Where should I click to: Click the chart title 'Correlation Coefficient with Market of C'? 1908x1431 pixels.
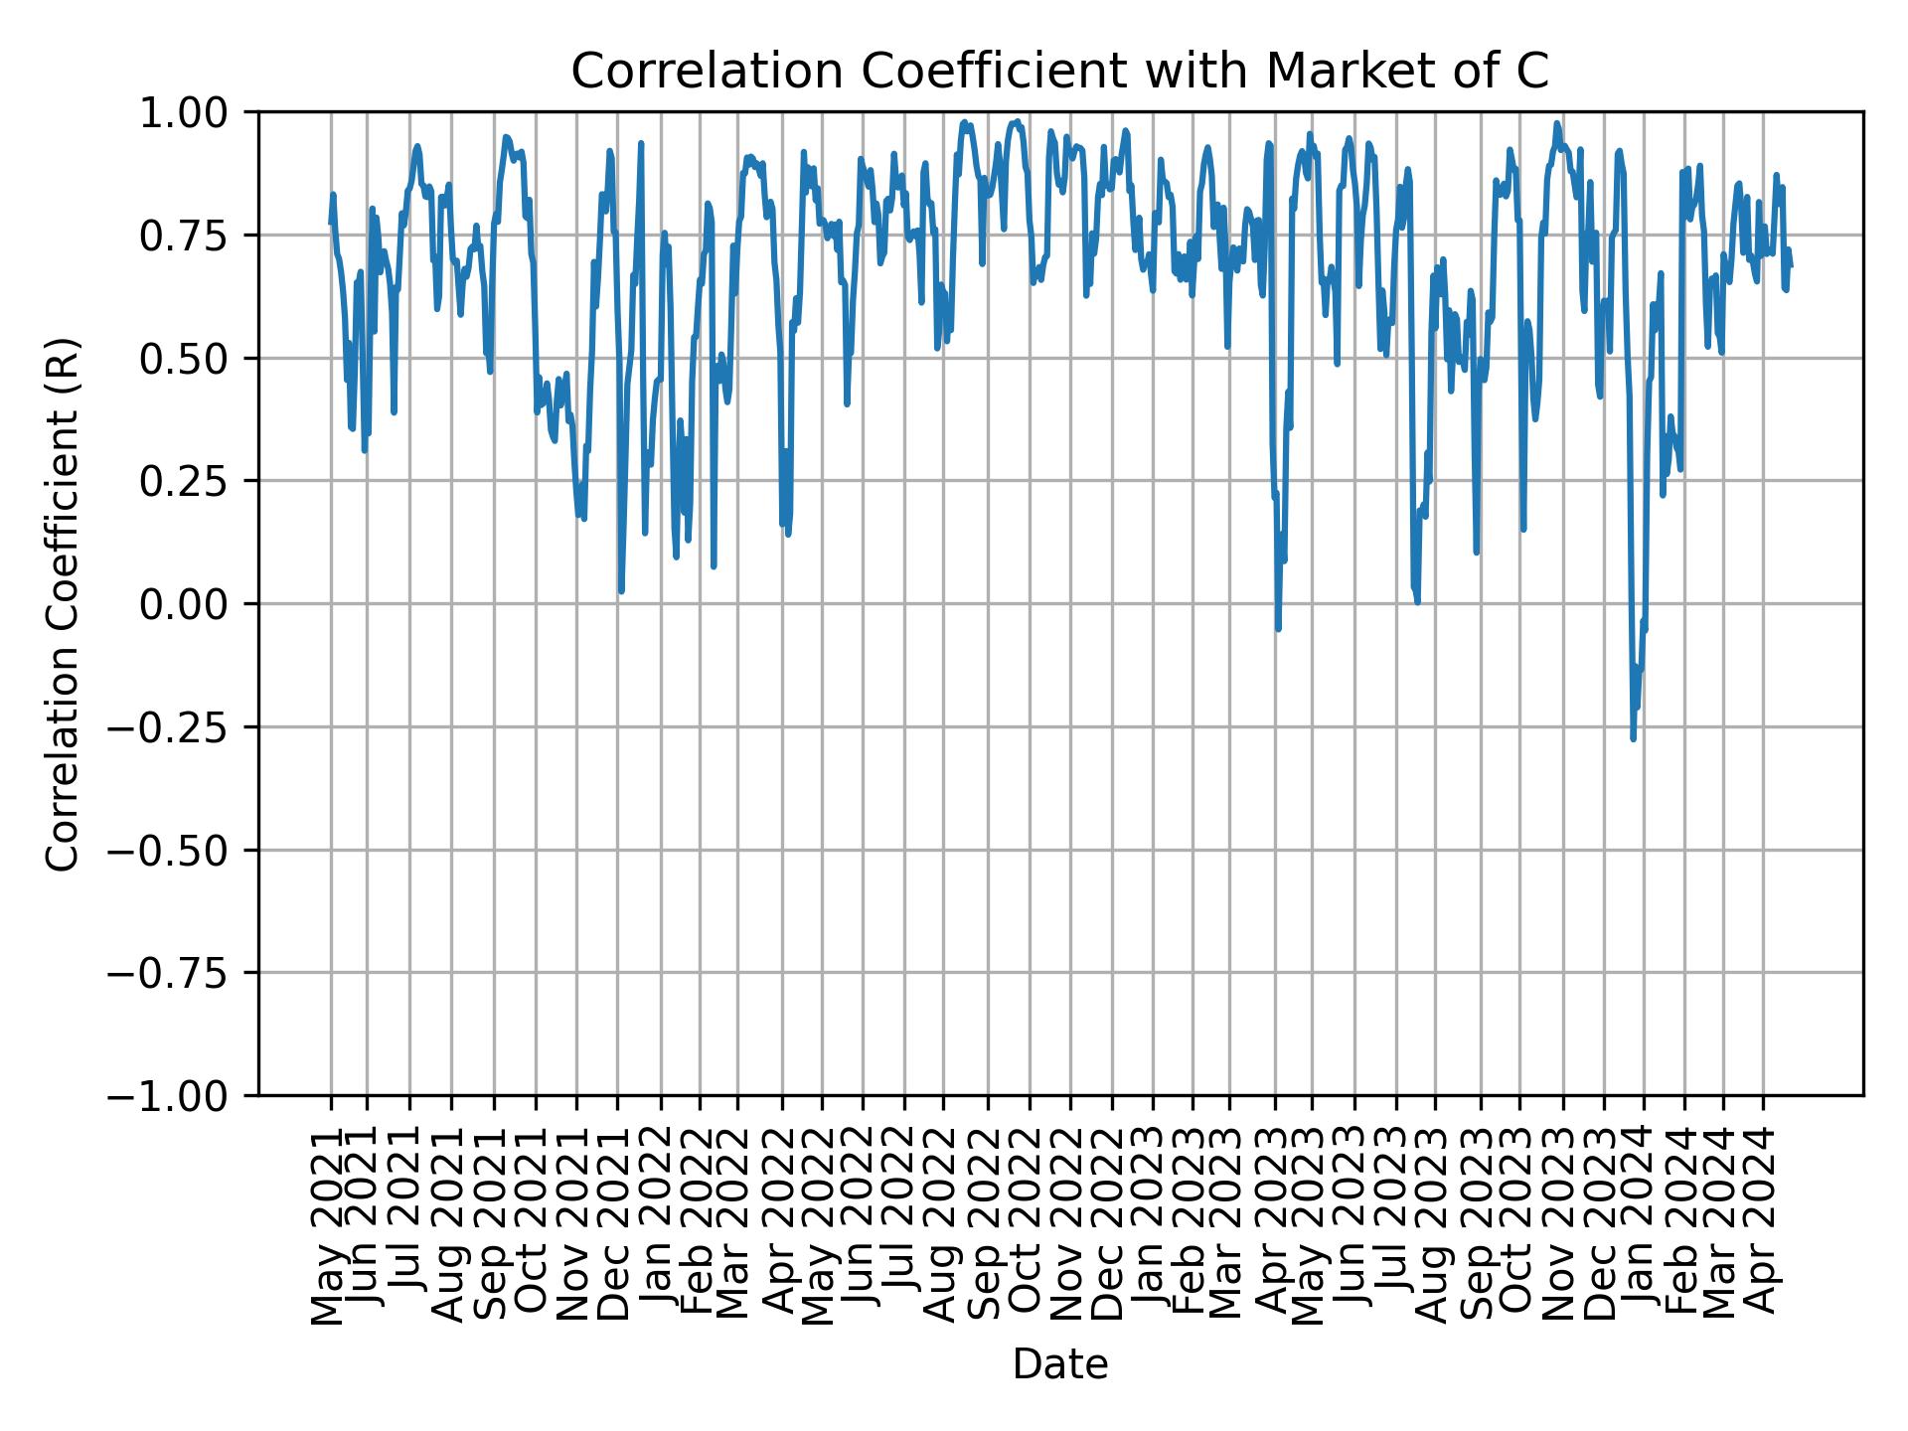pos(1059,72)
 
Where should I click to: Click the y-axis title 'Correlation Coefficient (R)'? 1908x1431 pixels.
pos(63,603)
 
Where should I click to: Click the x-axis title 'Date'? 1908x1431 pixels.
pos(1059,1364)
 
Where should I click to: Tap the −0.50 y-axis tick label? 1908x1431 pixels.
pos(181,850)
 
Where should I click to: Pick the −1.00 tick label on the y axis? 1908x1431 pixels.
pos(181,1096)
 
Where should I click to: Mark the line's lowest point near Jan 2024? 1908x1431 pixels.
pos(1633,738)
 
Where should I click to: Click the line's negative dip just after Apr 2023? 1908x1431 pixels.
pos(1278,628)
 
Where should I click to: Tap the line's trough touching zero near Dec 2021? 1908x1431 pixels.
pos(621,591)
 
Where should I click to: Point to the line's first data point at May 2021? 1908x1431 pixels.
pos(331,223)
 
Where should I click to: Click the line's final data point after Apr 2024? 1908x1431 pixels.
pos(1791,265)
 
